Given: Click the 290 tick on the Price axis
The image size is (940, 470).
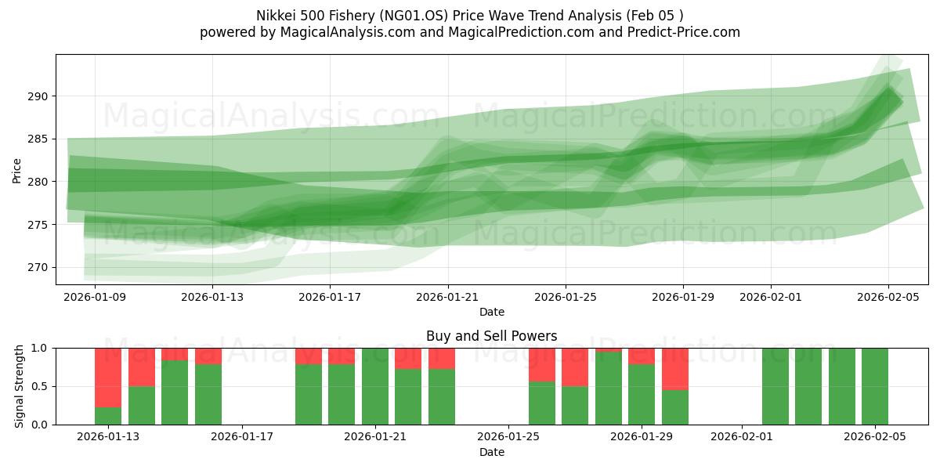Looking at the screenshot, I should (40, 96).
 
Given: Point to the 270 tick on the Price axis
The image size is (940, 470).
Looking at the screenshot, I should (40, 267).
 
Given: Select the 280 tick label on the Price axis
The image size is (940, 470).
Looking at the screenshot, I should (40, 182).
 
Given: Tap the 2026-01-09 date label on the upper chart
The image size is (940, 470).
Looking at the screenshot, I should (95, 297).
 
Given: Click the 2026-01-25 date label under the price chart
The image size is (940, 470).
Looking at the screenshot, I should (566, 297).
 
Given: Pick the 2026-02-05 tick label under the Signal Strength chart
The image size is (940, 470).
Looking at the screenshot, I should (874, 437).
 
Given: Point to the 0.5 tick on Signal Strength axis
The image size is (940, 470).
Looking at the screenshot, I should (42, 386).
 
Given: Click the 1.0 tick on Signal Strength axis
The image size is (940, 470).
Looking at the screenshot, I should (42, 348).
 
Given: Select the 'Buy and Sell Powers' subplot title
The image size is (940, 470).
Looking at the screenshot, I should (491, 336).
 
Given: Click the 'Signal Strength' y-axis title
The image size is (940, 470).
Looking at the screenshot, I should (19, 386).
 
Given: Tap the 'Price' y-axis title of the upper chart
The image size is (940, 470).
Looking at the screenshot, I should (17, 169).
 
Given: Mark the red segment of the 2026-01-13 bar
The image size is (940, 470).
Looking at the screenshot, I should (108, 377).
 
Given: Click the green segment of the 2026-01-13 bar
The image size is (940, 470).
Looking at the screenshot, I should (108, 416).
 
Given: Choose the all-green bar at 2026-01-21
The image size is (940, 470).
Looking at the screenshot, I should (375, 386).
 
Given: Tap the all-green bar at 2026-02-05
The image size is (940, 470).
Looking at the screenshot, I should (874, 386).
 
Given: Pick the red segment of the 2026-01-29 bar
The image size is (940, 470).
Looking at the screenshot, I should (642, 356).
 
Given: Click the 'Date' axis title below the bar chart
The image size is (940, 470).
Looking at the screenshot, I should (491, 452).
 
